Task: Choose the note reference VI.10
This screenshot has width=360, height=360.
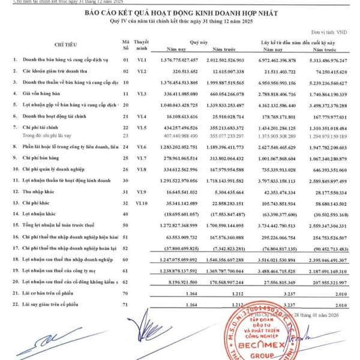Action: click(x=141, y=203)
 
